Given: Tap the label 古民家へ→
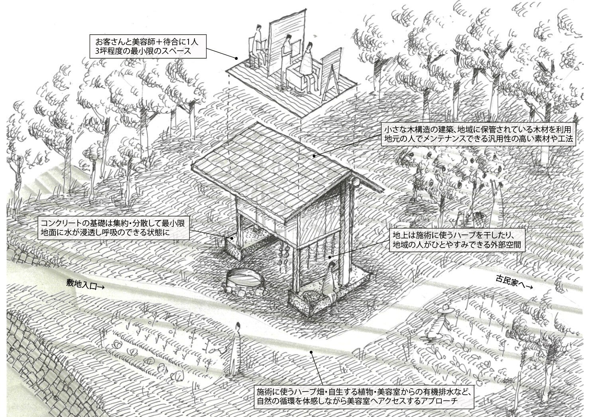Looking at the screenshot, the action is [x=514, y=282].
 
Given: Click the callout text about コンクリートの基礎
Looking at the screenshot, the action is [x=113, y=228].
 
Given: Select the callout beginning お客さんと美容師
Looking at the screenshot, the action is [x=147, y=46].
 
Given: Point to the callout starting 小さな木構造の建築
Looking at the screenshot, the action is [x=478, y=135].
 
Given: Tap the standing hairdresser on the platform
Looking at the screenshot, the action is [x=286, y=52].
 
